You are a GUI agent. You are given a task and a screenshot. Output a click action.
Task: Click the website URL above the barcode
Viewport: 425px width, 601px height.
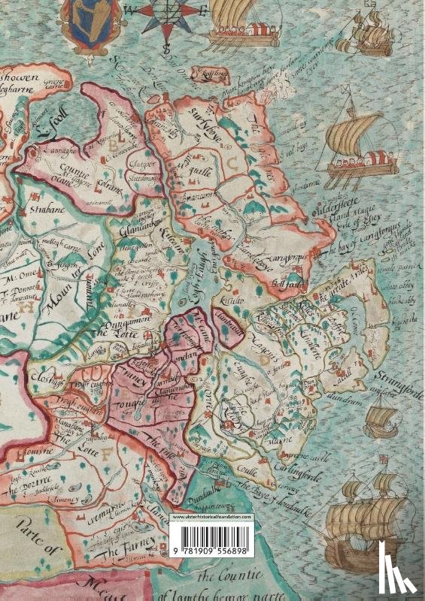click(x=211, y=518)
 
